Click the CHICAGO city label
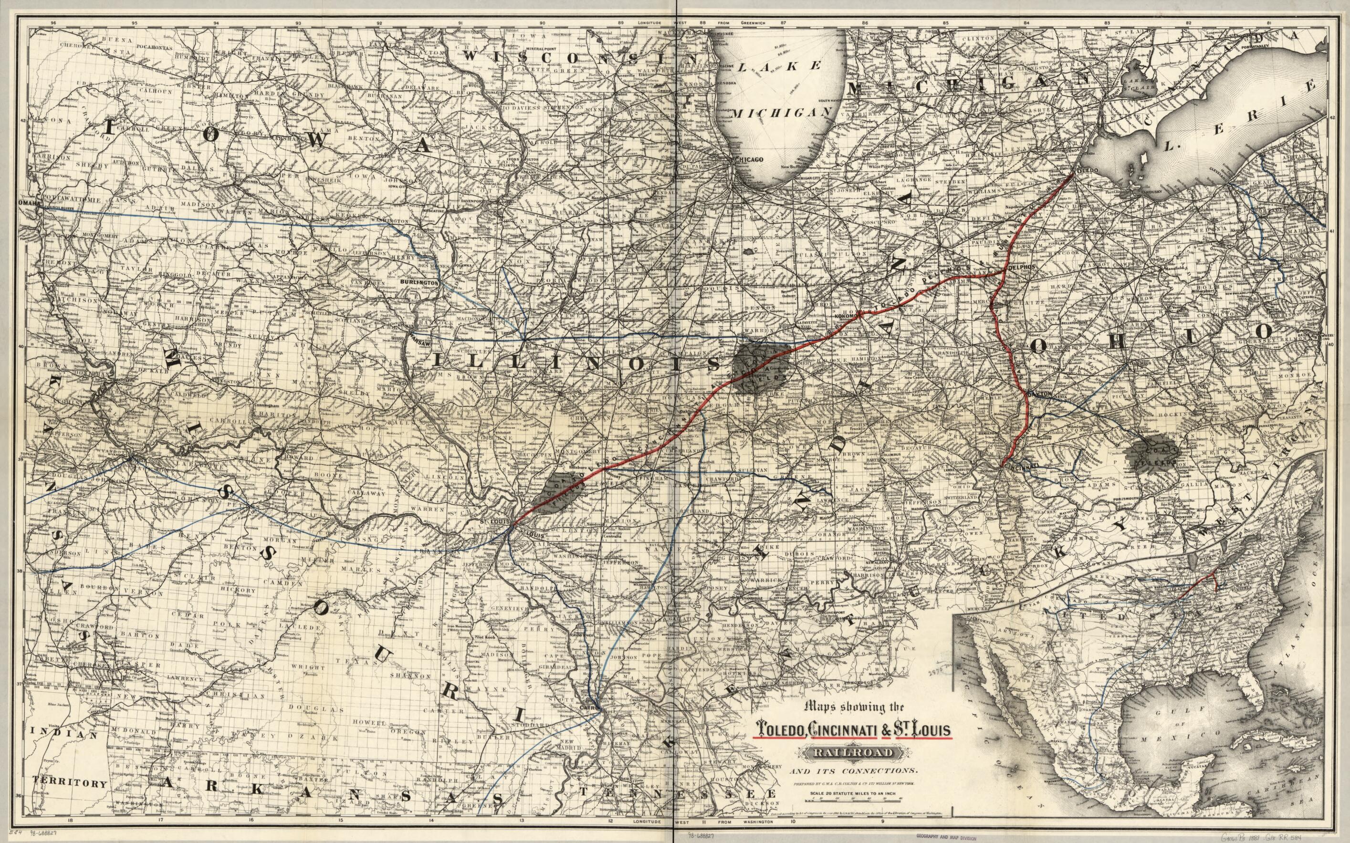point(749,159)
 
